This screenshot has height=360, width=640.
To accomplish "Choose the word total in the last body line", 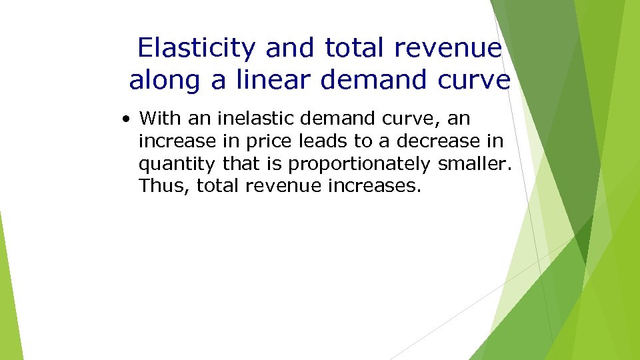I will (x=219, y=185).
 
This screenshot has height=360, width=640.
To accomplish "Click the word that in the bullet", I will (x=253, y=163).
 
